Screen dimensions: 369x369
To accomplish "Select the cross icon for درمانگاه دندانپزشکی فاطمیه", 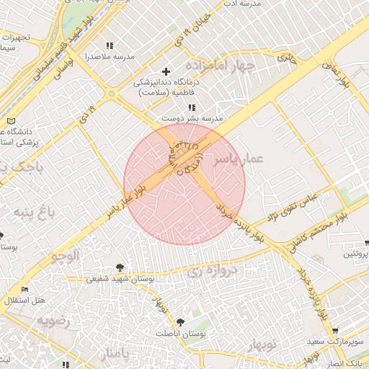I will click(166, 71).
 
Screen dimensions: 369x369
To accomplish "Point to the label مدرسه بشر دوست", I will click(192, 117).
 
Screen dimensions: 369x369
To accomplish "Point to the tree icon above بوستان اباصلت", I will click(180, 322).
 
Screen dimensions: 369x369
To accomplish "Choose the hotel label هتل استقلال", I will click(25, 300).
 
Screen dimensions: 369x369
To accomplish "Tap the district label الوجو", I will click(66, 255).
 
